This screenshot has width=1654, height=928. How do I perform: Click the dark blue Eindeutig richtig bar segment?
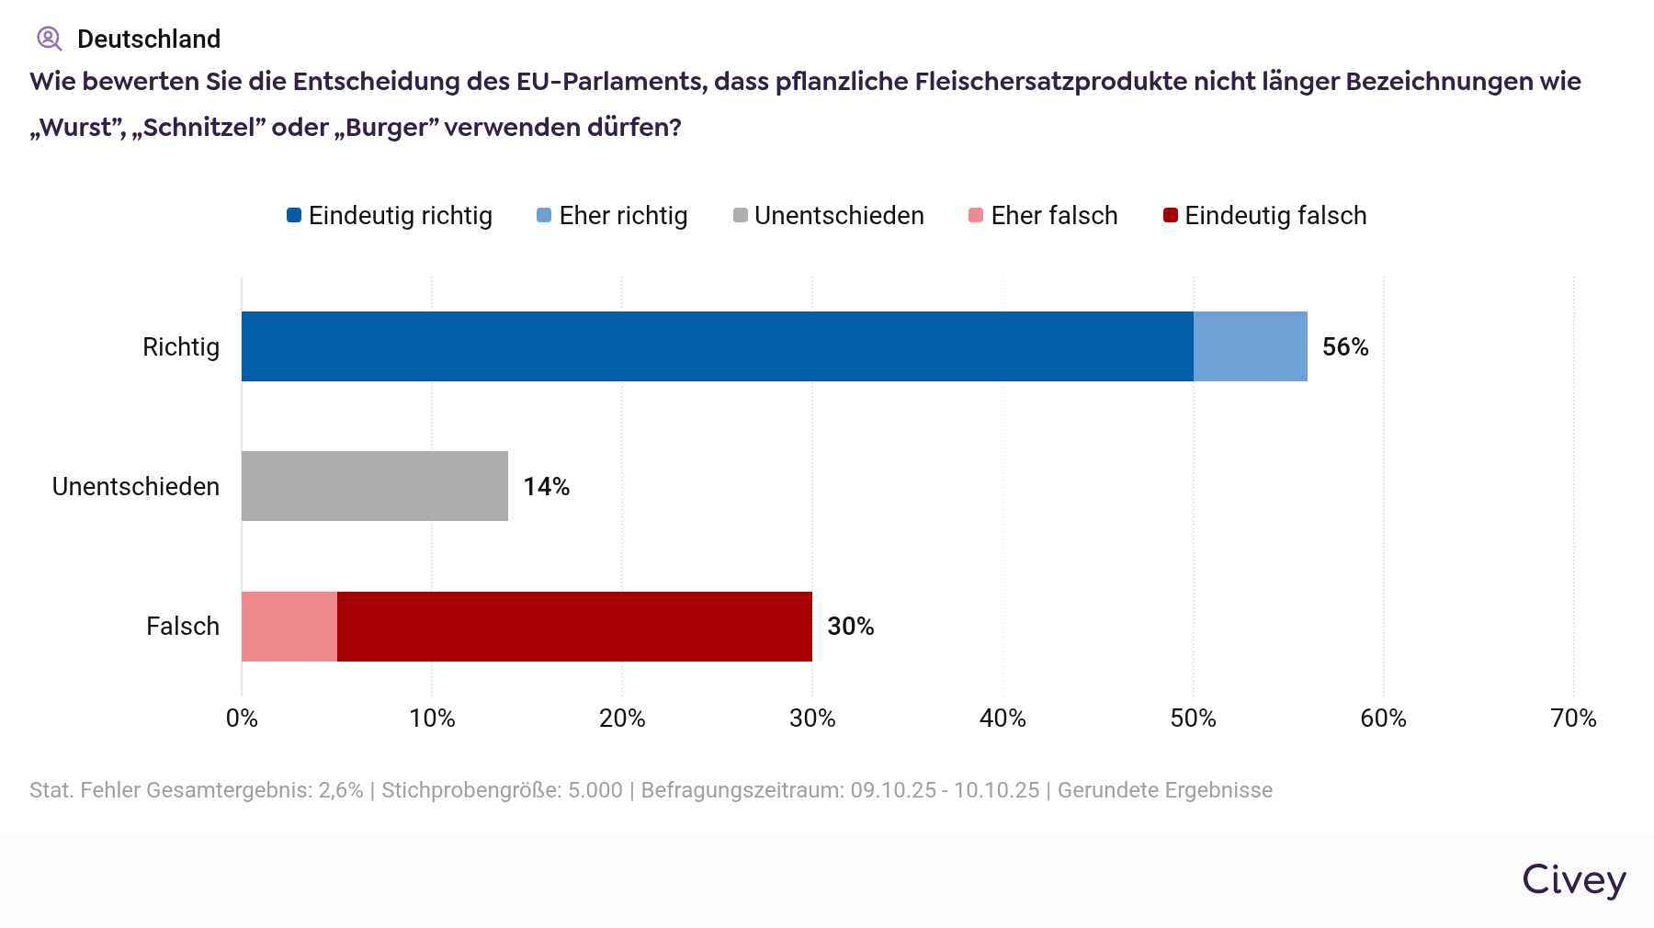(717, 346)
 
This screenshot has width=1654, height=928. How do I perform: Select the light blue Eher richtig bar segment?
(1250, 346)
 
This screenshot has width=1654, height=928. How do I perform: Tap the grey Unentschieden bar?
(374, 486)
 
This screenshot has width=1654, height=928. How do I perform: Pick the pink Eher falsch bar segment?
(289, 627)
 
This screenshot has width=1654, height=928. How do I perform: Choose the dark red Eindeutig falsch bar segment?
(574, 627)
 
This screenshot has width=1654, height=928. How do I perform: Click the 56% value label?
(1345, 347)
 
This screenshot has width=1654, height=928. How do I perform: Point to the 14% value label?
(546, 487)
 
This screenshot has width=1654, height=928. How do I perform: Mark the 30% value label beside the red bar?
(850, 627)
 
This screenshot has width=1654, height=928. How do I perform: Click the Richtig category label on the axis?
(181, 347)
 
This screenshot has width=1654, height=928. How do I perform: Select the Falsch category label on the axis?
(183, 627)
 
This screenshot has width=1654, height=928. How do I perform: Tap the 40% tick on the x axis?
(1003, 719)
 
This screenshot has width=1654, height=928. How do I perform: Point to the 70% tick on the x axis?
(1573, 719)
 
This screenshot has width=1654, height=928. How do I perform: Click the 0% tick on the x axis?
(242, 719)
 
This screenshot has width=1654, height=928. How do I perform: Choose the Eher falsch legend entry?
(1044, 216)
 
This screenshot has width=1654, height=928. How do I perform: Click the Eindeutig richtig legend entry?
(390, 216)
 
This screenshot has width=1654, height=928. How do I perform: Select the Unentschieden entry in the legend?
(829, 216)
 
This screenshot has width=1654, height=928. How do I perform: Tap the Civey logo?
(1573, 880)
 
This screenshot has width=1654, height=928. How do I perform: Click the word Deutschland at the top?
(149, 40)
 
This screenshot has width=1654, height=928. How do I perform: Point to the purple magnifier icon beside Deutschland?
(49, 39)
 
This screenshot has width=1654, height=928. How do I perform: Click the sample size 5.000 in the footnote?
(595, 790)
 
